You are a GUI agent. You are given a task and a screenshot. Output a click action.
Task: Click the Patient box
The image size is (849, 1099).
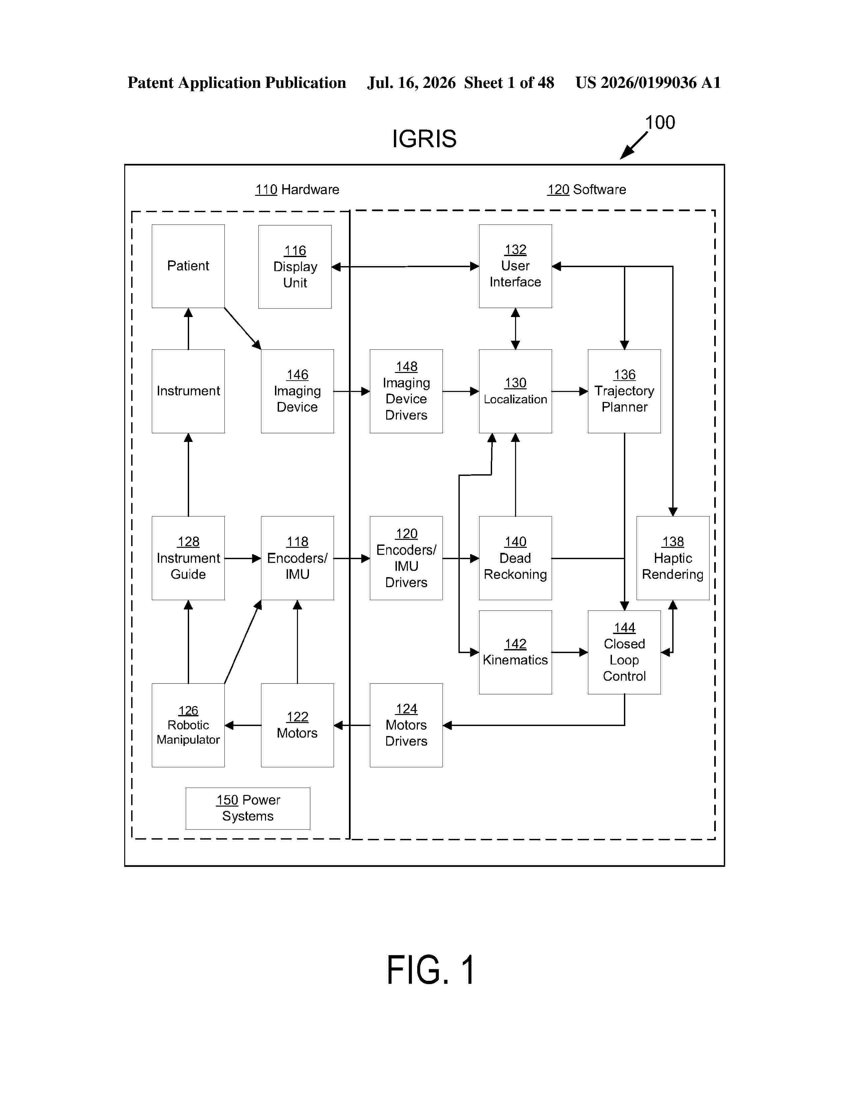[188, 266]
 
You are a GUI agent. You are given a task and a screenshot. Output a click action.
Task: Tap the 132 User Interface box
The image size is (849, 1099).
[515, 266]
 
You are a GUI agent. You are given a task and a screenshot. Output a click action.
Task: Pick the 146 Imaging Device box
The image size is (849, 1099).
[297, 391]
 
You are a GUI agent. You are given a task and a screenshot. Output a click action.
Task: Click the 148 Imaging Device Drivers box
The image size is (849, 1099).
[406, 391]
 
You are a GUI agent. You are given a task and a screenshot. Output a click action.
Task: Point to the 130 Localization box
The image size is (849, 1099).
[515, 391]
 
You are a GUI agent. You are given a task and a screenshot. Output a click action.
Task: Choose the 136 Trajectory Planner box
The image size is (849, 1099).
[624, 391]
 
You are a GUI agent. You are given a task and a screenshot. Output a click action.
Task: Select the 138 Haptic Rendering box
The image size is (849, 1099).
[673, 558]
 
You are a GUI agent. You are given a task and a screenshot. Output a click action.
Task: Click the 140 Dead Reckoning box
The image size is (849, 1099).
[515, 558]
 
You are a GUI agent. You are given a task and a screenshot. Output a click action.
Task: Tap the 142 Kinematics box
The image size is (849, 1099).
[515, 652]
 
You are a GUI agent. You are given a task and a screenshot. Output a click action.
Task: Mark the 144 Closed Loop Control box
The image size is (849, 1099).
[624, 652]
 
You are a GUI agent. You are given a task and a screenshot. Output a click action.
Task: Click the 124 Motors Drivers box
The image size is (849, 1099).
[406, 725]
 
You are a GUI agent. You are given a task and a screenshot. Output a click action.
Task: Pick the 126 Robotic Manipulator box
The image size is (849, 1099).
[188, 725]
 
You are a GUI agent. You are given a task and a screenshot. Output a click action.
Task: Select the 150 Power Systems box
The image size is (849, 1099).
[248, 808]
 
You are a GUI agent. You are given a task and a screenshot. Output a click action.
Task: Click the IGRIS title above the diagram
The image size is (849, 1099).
[424, 139]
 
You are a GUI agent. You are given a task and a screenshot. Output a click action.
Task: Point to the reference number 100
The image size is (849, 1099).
[660, 122]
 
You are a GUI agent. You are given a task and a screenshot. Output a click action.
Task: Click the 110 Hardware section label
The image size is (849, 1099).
[297, 190]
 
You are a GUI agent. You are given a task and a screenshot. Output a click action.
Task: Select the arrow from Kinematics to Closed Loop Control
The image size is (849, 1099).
[570, 652]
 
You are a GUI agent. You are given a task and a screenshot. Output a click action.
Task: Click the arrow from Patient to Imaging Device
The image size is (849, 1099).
[242, 329]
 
